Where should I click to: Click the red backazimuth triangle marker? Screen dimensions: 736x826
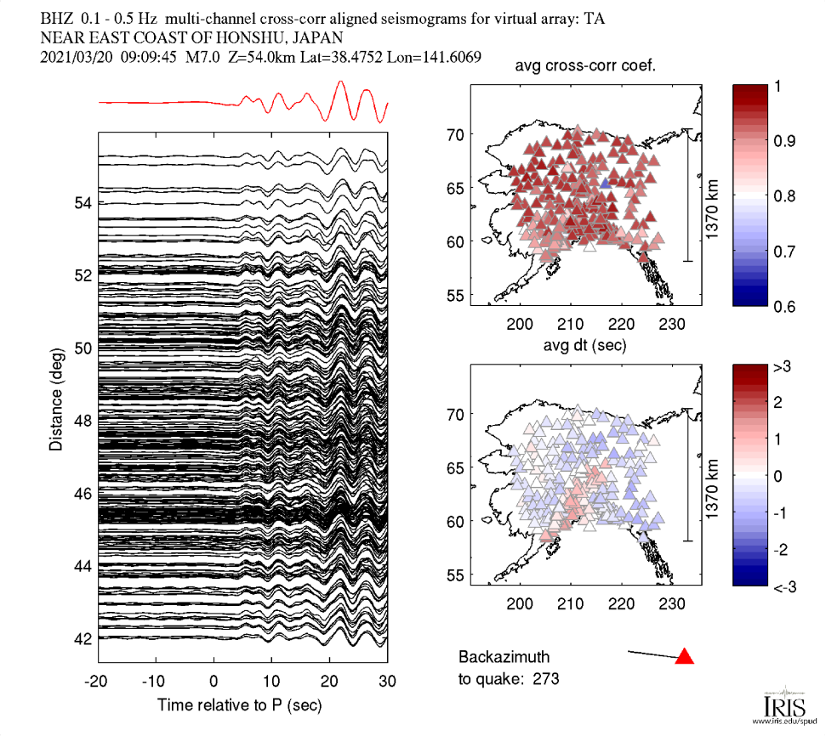pyautogui.click(x=685, y=656)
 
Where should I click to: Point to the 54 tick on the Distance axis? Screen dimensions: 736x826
pyautogui.click(x=83, y=203)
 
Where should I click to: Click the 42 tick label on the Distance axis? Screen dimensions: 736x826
pyautogui.click(x=83, y=638)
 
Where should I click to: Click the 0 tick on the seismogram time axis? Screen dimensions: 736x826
pyautogui.click(x=214, y=681)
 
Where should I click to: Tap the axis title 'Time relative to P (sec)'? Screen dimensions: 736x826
pyautogui.click(x=242, y=705)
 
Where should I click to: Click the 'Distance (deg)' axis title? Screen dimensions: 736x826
pyautogui.click(x=55, y=391)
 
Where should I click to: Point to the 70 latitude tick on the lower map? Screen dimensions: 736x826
pyautogui.click(x=456, y=415)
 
